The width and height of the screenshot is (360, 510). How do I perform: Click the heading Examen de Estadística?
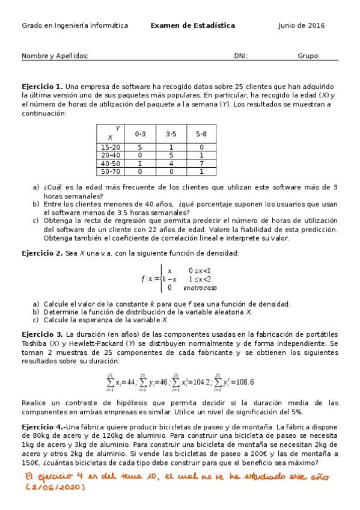coord(192,26)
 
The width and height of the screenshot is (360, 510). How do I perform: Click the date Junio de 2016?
coord(301,26)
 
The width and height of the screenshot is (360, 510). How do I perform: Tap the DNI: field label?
coord(241,56)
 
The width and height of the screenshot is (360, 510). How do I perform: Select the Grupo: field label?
coord(308,56)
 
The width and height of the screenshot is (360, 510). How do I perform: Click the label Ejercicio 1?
coord(42,87)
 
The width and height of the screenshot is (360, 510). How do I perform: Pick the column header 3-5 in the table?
coord(171,134)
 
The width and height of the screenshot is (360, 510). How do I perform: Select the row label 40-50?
coord(111,163)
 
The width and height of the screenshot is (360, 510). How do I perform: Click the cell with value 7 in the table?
coord(201,163)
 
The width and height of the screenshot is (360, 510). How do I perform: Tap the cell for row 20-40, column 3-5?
coord(171,155)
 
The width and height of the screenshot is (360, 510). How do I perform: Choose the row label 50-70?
coord(111,171)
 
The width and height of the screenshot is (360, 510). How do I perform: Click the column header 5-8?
coord(201,134)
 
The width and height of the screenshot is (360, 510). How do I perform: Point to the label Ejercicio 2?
coord(42,253)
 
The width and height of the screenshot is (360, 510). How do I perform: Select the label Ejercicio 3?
coord(42,334)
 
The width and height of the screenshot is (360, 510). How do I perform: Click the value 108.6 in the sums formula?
coord(242,382)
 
